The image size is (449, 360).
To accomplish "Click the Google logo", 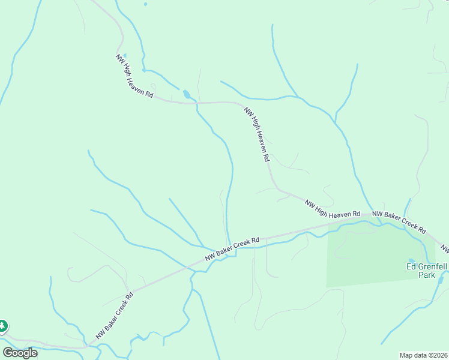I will click(20, 352).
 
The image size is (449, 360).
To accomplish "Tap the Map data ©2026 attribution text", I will click(424, 355).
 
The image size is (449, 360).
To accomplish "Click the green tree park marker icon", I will click(2, 326).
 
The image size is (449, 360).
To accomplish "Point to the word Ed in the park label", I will click(412, 266).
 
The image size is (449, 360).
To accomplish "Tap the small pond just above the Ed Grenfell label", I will click(411, 260).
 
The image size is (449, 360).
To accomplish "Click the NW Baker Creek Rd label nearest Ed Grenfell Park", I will click(399, 221).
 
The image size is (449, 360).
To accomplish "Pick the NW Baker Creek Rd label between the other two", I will click(232, 248).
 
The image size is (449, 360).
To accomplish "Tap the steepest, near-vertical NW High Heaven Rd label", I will click(256, 134).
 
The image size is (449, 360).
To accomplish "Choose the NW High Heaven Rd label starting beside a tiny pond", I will click(134, 77).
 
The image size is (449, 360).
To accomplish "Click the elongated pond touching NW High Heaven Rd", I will click(187, 94).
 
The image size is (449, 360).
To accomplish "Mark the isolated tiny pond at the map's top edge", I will click(145, 4).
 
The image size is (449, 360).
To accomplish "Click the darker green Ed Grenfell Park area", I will click(372, 258).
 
